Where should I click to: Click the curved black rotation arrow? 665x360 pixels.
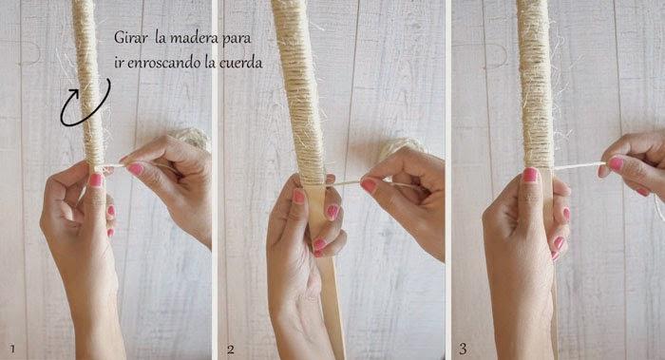tap(85, 104)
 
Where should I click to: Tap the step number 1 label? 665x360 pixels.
tap(12, 349)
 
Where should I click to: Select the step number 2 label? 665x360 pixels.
tap(230, 350)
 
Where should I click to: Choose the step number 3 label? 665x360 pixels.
tap(463, 349)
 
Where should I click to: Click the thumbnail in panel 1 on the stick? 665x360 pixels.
tap(96, 180)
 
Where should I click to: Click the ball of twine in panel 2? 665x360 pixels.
tap(402, 147)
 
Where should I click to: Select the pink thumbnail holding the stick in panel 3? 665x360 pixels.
tap(530, 174)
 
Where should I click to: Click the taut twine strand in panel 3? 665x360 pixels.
tap(579, 166)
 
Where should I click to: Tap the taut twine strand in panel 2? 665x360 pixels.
tap(344, 183)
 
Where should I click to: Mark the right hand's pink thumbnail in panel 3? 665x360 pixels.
tap(616, 163)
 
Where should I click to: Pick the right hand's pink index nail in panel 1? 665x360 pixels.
tap(135, 169)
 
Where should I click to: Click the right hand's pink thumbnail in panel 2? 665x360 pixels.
tap(369, 185)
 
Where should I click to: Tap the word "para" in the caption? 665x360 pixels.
tap(237, 39)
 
